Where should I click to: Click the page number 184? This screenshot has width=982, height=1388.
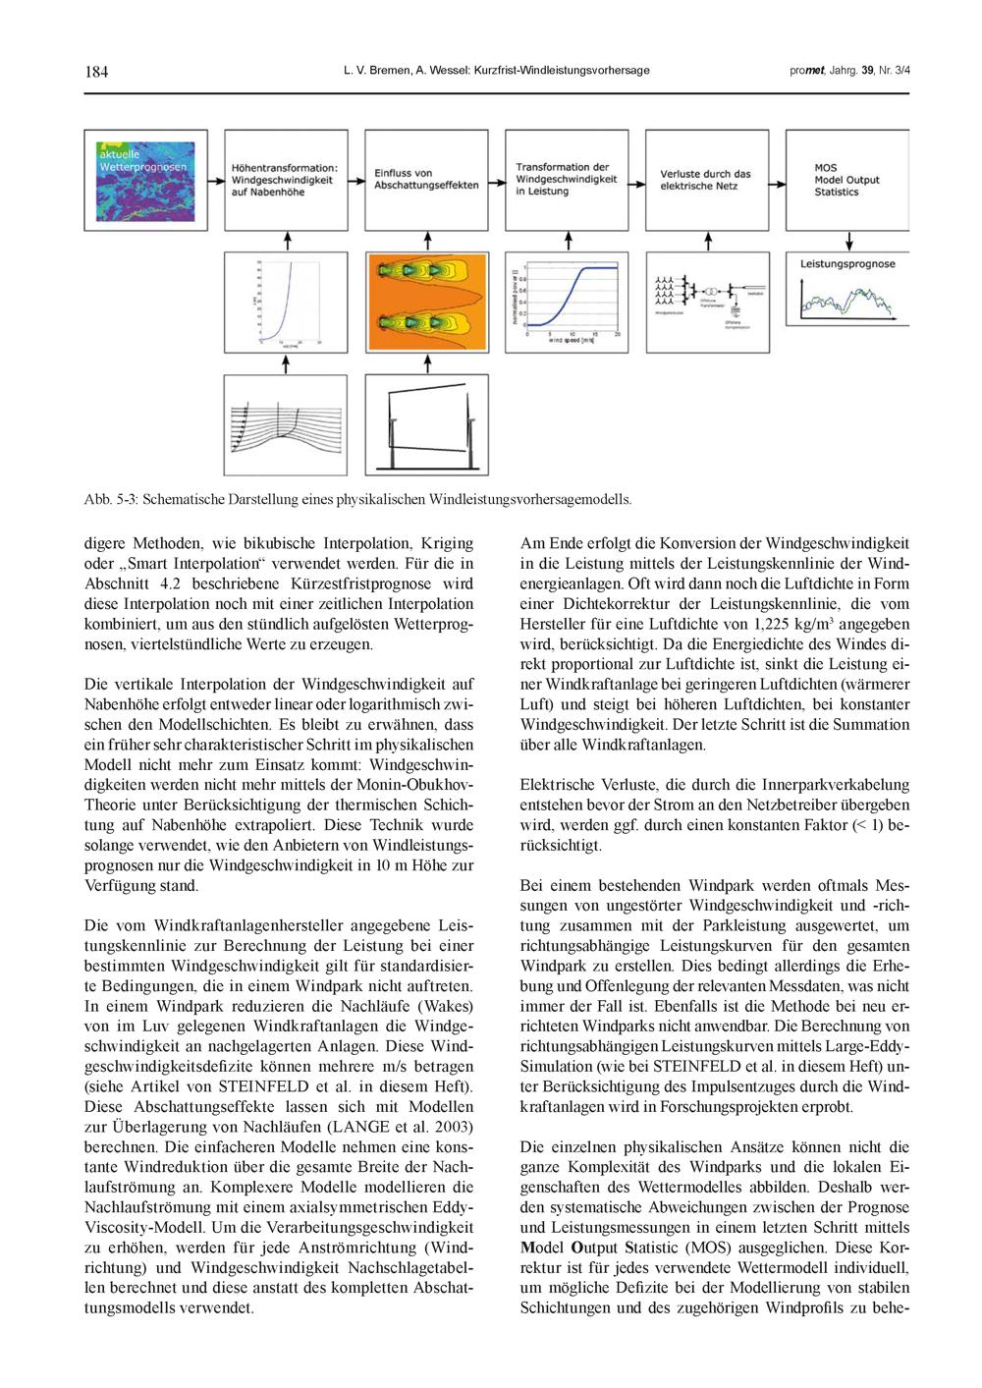pyautogui.click(x=96, y=71)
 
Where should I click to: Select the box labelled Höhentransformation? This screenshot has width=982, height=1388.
pyautogui.click(x=285, y=180)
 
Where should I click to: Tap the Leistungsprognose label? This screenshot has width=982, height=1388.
pyautogui.click(x=847, y=264)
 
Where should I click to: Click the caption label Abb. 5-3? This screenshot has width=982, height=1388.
pyautogui.click(x=110, y=499)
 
